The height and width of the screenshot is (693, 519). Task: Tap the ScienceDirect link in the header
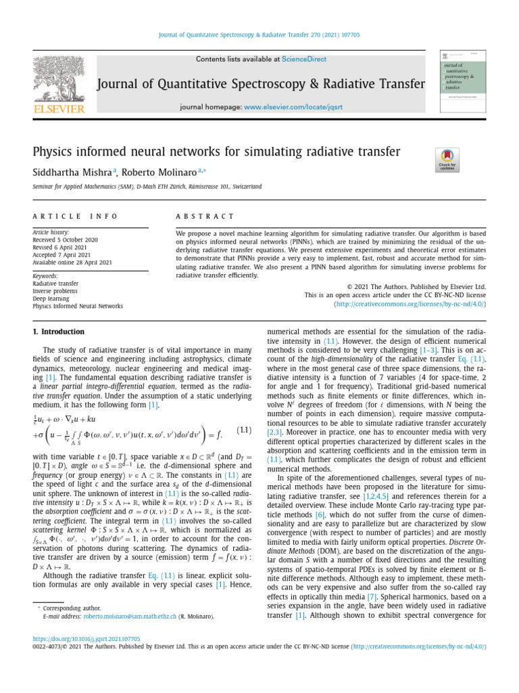(303, 60)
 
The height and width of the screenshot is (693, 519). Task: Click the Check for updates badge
(447, 160)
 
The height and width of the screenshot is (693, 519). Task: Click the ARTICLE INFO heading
(75, 217)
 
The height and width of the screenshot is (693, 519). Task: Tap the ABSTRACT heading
(205, 217)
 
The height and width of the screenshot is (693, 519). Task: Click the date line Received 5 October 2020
(66, 240)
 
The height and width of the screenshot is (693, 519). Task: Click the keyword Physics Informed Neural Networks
(78, 306)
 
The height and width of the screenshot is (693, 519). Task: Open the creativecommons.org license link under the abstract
(410, 305)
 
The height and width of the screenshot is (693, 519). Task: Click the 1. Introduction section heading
(59, 332)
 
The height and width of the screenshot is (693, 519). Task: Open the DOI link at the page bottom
(86, 638)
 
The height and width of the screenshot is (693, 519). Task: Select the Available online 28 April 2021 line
(72, 263)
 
